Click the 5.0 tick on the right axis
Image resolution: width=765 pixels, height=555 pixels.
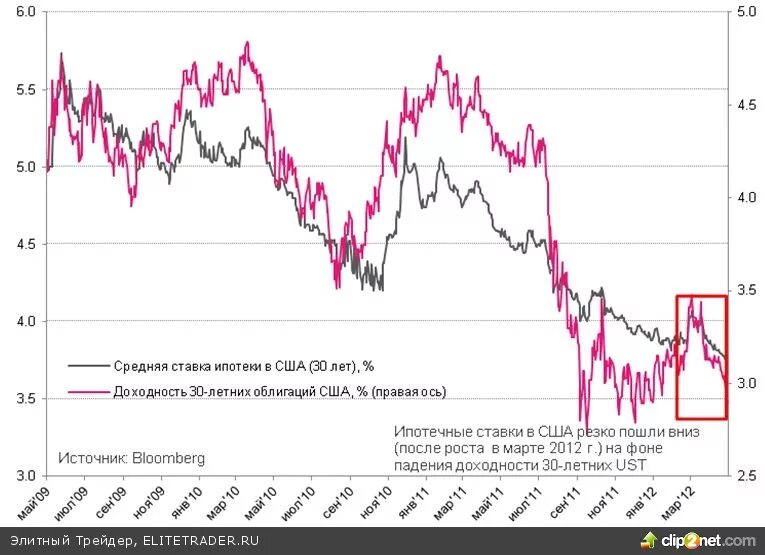(746, 12)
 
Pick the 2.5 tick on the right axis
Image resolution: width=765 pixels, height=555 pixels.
(746, 475)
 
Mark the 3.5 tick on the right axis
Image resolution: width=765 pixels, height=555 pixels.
(746, 290)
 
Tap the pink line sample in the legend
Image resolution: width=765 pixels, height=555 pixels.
(88, 391)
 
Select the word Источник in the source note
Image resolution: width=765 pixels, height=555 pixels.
(90, 458)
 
